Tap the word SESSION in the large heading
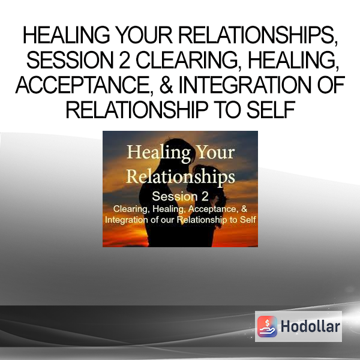(70, 60)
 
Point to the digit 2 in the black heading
(125, 60)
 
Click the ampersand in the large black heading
(166, 85)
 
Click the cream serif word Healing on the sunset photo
(158, 152)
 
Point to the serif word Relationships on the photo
(181, 177)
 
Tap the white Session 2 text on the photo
(180, 196)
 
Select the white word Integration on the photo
(126, 220)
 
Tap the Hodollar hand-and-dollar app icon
(267, 326)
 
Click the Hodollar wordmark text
(310, 326)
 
